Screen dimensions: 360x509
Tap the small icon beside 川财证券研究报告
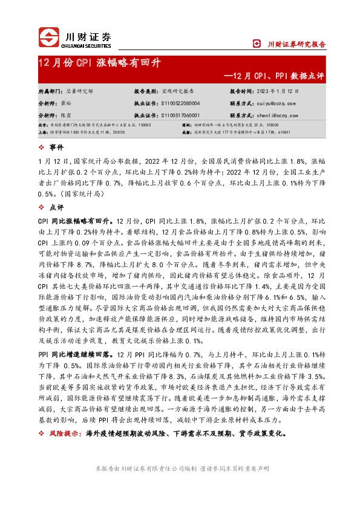coord(256,44)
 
